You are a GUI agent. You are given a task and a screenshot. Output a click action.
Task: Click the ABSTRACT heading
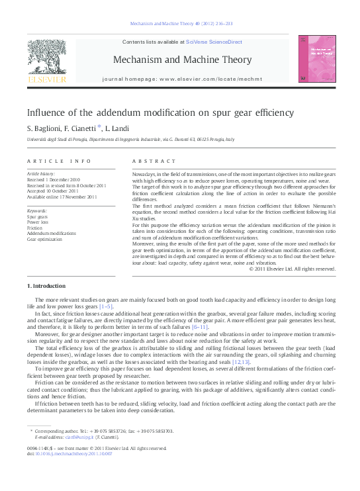tap(154, 161)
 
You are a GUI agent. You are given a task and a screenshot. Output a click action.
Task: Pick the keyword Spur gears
tap(37, 216)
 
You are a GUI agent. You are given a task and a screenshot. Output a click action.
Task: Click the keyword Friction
tap(34, 228)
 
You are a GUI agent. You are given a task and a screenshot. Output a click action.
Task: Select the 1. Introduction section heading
tap(46, 286)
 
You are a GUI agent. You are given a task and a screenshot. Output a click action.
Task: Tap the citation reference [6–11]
tap(201, 327)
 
